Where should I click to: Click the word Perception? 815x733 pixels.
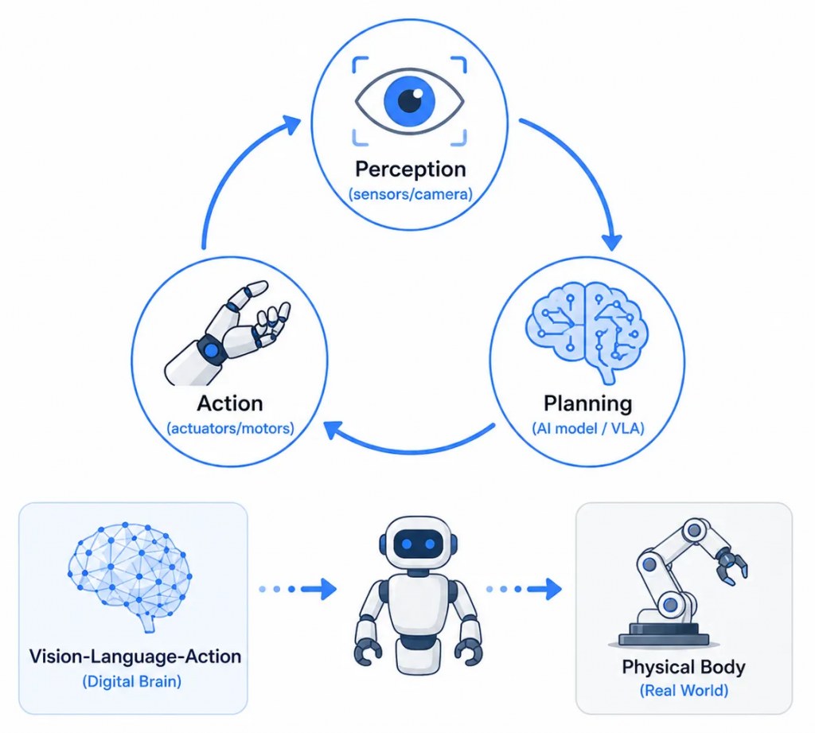pos(410,170)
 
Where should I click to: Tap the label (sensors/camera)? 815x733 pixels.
pos(411,194)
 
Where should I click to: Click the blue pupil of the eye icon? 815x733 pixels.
pos(410,101)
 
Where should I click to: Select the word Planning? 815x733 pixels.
pos(588,404)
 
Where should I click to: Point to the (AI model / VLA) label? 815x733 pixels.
pos(588,428)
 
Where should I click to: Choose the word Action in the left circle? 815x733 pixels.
pos(230,404)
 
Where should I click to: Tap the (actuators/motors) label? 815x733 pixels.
pos(230,428)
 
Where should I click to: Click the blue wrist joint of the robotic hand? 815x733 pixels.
pos(211,351)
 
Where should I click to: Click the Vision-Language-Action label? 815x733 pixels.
pos(135,657)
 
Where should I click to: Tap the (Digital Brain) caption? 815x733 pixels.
pos(132,681)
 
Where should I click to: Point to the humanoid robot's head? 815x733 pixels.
pos(419,544)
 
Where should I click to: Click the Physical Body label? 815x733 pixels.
pos(684,667)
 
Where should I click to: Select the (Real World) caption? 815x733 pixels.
pos(684,691)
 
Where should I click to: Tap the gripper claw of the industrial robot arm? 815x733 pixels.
pos(732,567)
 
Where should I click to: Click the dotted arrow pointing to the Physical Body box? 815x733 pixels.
pos(524,589)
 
